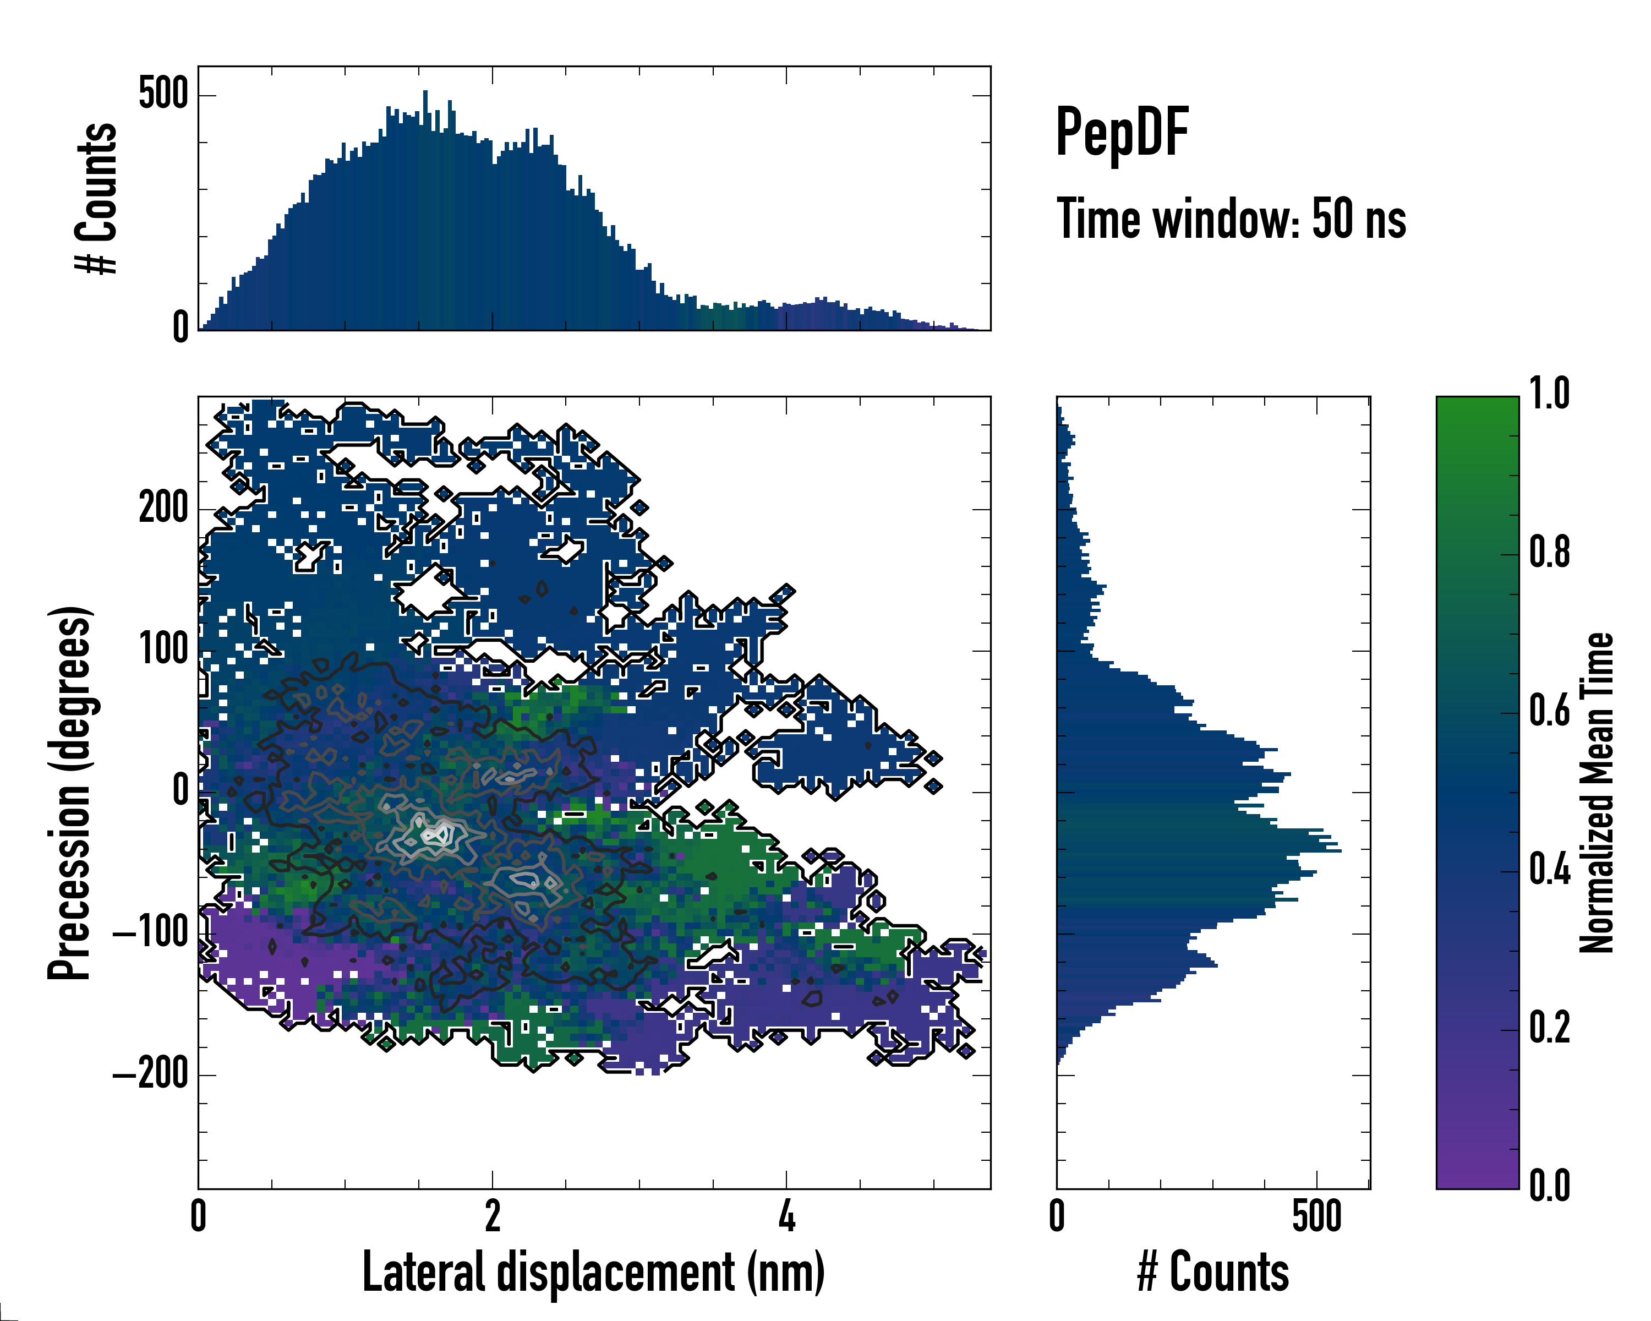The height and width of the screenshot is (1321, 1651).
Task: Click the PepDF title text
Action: coord(1121,132)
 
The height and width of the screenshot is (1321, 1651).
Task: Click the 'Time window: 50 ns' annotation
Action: coord(1231,219)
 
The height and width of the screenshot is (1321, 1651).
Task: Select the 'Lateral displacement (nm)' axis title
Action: coord(593,1272)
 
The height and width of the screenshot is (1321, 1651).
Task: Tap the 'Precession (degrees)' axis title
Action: coord(70,792)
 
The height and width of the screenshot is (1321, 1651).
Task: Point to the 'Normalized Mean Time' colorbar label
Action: coord(1597,792)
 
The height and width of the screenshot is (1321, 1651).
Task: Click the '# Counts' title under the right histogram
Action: coord(1212,1272)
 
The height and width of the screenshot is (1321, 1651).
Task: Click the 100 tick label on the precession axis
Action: coord(163,649)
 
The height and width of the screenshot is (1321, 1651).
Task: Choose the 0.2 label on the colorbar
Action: coord(1549,1028)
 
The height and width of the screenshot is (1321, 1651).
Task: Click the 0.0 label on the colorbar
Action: coord(1549,1186)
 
